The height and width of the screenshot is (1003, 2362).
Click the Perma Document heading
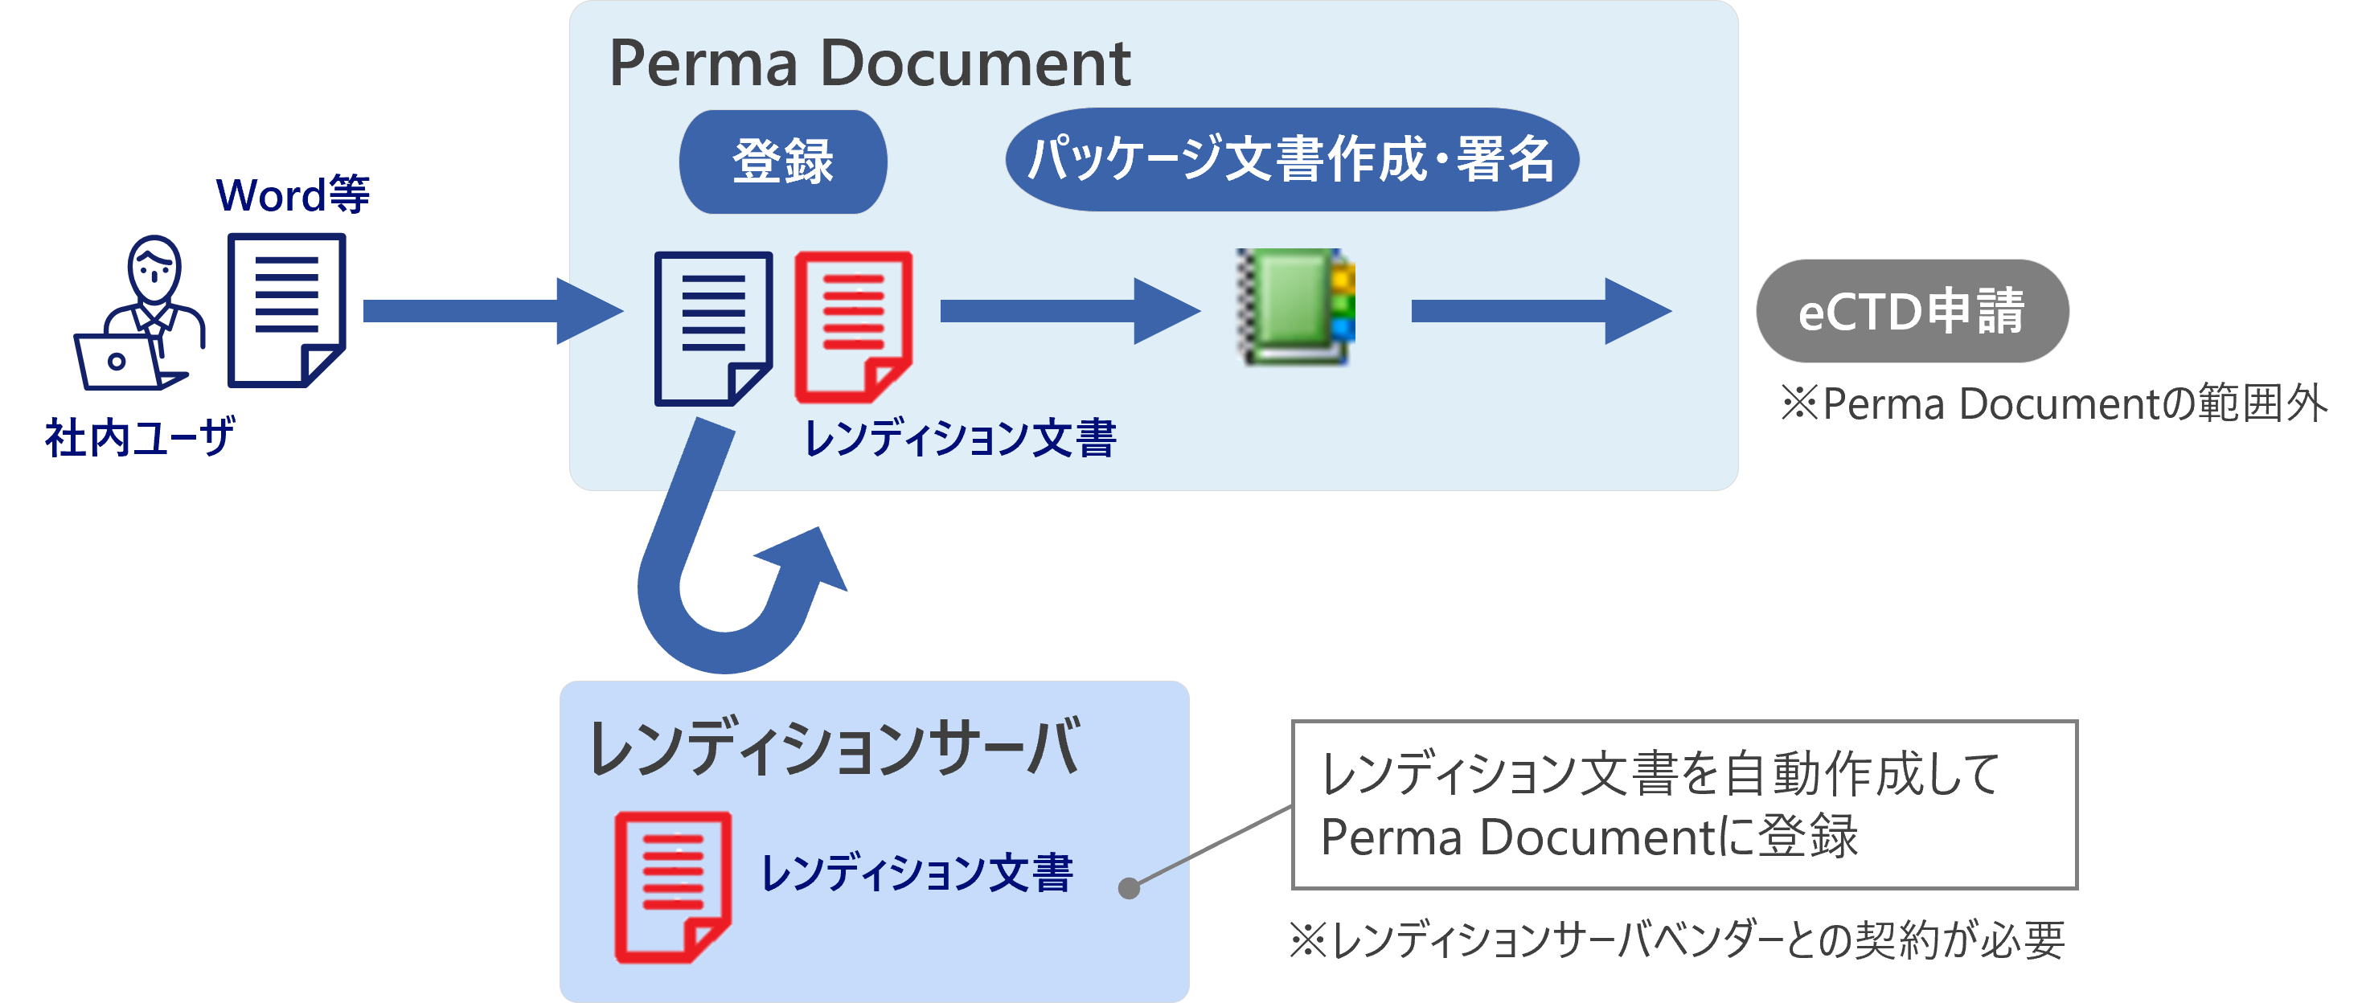(869, 64)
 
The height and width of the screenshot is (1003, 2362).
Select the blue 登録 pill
(783, 162)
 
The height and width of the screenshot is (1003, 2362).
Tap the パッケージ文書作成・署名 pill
(1291, 159)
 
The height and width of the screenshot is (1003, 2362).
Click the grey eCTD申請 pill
(1912, 311)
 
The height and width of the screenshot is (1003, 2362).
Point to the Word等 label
(293, 194)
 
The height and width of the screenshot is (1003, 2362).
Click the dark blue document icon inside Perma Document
(712, 327)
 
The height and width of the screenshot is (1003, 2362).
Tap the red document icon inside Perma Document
(853, 326)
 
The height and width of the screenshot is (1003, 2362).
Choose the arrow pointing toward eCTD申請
(1540, 312)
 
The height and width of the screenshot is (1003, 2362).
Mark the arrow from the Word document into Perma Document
(491, 312)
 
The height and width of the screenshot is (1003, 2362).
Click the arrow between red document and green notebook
(1069, 312)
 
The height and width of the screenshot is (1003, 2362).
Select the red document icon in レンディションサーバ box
(672, 886)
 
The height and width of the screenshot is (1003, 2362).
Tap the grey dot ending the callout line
(1130, 887)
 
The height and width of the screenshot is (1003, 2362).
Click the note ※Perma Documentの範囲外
(2054, 404)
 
